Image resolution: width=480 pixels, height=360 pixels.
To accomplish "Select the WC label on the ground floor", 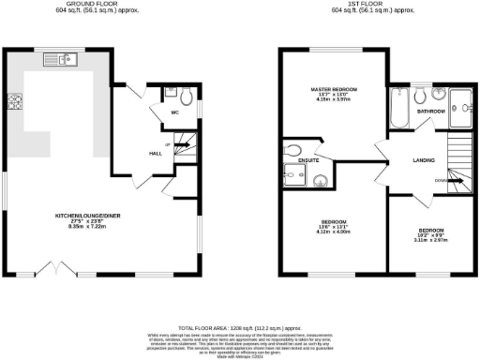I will (174, 112).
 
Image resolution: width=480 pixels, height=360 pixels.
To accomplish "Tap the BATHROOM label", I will (431, 112).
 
